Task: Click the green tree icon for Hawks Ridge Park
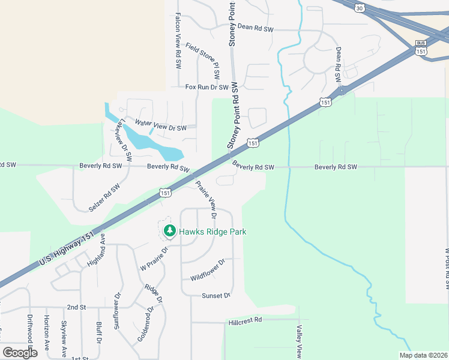coord(170,231)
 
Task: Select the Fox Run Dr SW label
coord(207,87)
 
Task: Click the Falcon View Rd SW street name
coord(178,42)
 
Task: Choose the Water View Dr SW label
coord(161,125)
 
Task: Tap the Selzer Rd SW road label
coord(104,197)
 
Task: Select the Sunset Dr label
coord(216,296)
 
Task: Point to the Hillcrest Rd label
coord(246,320)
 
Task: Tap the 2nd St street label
coord(76,307)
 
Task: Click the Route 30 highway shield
coord(359,8)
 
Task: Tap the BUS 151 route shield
coord(421,49)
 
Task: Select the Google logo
coord(19,352)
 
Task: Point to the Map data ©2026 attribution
coord(423,355)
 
